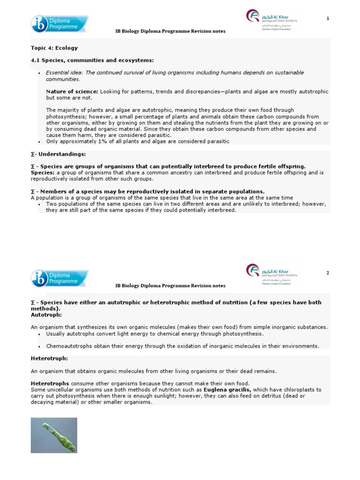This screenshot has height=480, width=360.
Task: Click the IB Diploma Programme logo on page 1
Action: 59,24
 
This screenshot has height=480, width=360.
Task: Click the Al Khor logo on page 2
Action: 272,275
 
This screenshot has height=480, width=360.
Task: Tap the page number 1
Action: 328,18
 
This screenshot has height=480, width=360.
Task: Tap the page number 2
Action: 328,273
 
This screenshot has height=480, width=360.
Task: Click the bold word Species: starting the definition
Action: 43,172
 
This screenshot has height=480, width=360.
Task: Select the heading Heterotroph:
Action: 49,358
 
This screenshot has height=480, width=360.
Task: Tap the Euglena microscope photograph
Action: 54,435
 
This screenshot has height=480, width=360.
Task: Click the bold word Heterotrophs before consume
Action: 50,383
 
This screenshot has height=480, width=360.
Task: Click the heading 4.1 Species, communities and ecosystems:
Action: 92,60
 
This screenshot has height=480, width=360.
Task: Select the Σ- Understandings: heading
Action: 58,154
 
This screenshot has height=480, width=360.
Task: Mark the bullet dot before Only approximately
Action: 39,142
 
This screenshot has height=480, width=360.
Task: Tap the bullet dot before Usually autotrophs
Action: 39,334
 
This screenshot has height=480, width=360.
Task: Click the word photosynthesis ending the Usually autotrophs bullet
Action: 244,334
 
